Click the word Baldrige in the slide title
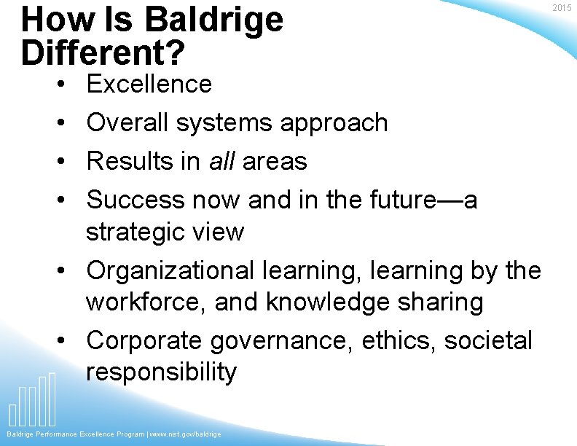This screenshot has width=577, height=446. pyautogui.click(x=213, y=20)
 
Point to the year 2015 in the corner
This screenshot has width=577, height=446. pyautogui.click(x=562, y=7)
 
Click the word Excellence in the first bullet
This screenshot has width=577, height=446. pyautogui.click(x=149, y=85)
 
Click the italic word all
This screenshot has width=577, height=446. pyautogui.click(x=222, y=160)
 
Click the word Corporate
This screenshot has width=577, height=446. pyautogui.click(x=144, y=340)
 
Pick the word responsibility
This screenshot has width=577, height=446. pyautogui.click(x=161, y=372)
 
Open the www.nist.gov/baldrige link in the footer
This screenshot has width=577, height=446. pyautogui.click(x=185, y=434)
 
